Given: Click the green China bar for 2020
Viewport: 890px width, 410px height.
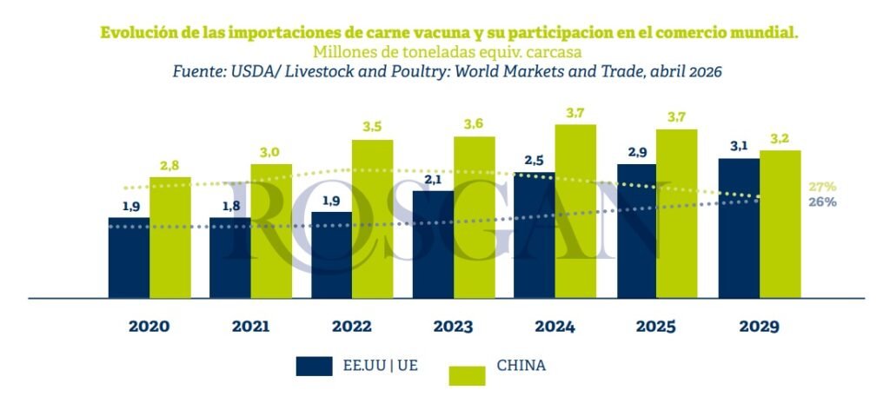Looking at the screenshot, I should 170,238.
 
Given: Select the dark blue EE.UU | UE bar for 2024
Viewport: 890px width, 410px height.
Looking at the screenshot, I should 534,235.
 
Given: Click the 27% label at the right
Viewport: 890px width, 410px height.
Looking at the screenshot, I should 821,187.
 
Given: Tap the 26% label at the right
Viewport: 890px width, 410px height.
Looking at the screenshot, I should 821,202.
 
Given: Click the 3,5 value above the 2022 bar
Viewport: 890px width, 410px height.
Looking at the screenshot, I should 372,127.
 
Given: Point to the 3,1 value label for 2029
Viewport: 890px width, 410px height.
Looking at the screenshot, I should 739,146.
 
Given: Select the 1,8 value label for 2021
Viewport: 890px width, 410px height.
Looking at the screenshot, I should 230,205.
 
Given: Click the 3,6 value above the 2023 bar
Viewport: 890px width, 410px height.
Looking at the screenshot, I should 474,123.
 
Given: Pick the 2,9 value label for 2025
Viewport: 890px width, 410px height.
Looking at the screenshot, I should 637,151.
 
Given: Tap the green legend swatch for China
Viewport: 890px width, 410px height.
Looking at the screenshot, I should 468,374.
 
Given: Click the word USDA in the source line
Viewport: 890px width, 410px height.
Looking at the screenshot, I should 254,72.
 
